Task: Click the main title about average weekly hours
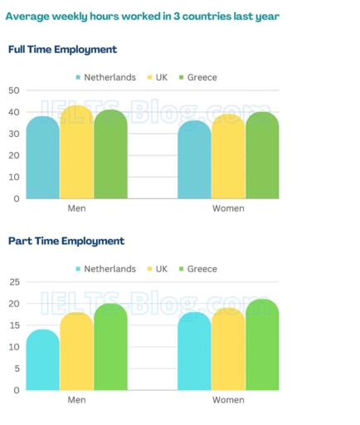click(x=144, y=16)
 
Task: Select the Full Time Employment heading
click(x=62, y=50)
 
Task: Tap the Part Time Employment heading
click(x=66, y=241)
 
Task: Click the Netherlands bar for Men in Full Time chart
click(x=42, y=158)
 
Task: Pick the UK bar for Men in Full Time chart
click(x=76, y=153)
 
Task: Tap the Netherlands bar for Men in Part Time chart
click(x=42, y=360)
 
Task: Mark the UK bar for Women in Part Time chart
click(x=228, y=349)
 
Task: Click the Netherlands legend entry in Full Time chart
click(x=105, y=77)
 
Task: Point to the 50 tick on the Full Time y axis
click(x=14, y=90)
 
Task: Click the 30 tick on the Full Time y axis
click(x=14, y=134)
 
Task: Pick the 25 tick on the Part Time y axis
click(x=14, y=282)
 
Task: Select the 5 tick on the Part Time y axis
click(x=17, y=369)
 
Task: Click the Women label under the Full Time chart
click(x=228, y=208)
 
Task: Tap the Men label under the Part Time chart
click(x=76, y=400)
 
